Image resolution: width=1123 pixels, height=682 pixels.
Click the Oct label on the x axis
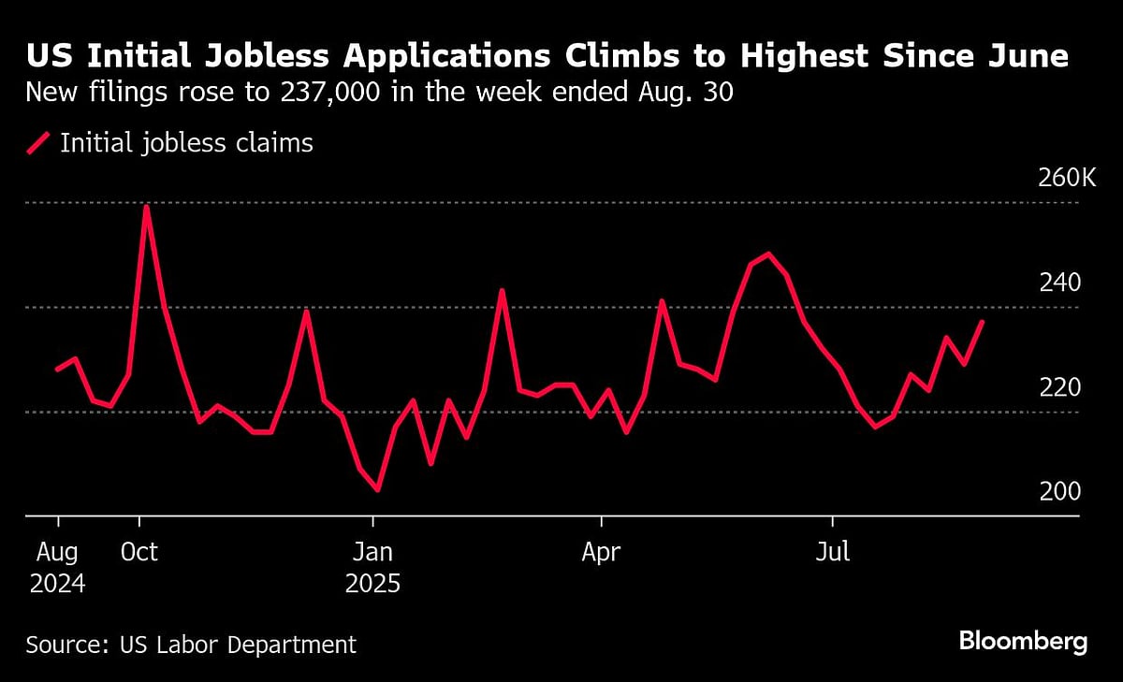(x=139, y=552)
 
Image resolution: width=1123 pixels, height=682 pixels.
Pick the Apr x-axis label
(x=601, y=552)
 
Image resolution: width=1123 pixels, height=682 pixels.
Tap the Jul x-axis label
(x=832, y=552)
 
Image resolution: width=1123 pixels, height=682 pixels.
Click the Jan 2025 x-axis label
(x=373, y=569)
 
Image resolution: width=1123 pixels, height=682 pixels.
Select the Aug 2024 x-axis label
(x=58, y=569)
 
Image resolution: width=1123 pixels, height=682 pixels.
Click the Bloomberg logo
(x=1023, y=642)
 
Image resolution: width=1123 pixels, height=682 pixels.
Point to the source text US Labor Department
(x=191, y=645)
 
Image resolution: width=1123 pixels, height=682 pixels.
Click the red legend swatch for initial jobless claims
(x=38, y=143)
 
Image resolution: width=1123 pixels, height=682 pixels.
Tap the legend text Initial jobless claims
(x=186, y=143)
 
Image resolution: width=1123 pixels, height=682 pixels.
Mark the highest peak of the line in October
(x=147, y=206)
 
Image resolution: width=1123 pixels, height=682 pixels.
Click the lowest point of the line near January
(x=377, y=489)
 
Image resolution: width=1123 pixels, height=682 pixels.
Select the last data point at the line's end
(x=983, y=321)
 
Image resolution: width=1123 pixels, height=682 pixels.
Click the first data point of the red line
(x=57, y=370)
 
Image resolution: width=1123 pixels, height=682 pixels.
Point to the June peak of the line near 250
(x=768, y=254)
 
